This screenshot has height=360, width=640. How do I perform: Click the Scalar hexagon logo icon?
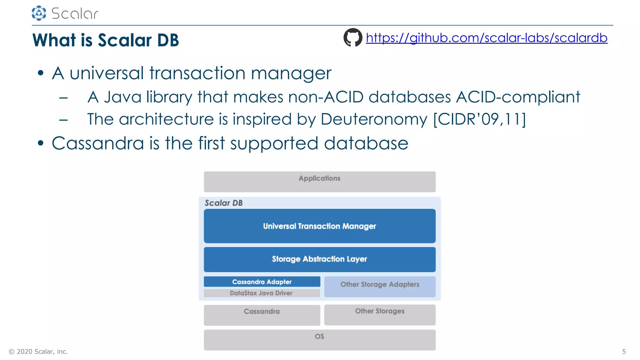pos(39,13)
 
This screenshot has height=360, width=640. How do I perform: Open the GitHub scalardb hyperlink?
pos(486,38)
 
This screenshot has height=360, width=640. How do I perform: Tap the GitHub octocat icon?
pos(353,37)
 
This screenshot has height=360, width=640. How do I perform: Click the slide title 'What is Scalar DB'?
pos(106,40)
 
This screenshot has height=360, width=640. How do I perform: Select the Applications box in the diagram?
pos(319,182)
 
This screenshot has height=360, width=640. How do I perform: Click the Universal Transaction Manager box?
pos(319,226)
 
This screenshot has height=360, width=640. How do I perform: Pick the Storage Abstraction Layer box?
pos(319,259)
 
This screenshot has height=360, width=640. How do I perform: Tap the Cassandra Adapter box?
pos(262,282)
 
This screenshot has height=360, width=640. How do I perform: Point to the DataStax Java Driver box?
pos(262,293)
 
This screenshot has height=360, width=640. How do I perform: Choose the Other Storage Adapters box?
pos(380,286)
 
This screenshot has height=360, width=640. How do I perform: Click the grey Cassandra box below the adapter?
pos(262,315)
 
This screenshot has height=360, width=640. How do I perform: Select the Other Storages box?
pos(380,315)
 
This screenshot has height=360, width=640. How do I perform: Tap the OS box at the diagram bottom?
pos(319,340)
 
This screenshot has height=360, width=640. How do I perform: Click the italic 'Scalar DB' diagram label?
pos(223,203)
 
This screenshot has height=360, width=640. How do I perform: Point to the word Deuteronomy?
pos(374,119)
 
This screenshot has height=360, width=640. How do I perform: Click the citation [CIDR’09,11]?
pos(479,119)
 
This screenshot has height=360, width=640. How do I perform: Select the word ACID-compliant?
pos(518,97)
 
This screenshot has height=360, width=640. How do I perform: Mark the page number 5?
pos(624,352)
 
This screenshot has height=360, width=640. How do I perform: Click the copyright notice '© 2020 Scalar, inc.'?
pos(38,352)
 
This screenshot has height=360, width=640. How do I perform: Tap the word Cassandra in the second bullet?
pos(98,143)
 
